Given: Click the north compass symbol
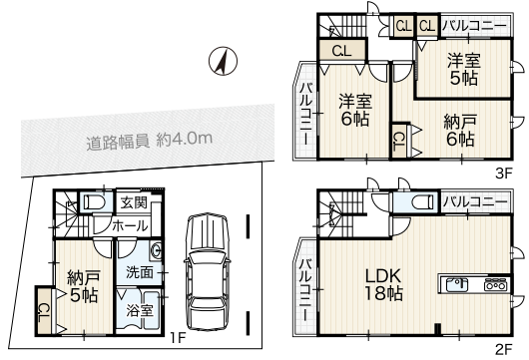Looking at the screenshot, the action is (223, 61).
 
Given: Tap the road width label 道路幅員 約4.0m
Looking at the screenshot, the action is (150, 141).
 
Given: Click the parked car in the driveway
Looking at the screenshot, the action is (207, 272).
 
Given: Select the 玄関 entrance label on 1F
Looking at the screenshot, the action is (134, 202).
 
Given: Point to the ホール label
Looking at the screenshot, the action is (130, 225).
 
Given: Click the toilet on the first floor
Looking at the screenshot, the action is (95, 202).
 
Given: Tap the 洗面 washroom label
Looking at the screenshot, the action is (140, 272).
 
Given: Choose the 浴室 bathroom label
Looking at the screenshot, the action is (140, 310).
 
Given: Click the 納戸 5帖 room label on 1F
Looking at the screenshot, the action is (83, 286).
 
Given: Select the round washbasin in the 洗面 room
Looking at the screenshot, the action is (156, 251).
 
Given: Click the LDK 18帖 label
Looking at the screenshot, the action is (384, 284).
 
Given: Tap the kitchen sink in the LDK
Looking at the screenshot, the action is (457, 285).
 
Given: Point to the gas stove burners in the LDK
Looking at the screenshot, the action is (495, 285).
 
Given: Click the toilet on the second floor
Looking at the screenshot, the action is (423, 202).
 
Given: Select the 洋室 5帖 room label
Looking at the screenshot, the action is (464, 69).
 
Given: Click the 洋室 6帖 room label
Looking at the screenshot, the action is (355, 110).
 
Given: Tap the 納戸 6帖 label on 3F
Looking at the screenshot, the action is (460, 131).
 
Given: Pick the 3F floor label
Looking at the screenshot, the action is (504, 174).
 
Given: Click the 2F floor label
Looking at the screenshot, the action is (504, 350).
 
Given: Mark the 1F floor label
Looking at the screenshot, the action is (178, 337).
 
